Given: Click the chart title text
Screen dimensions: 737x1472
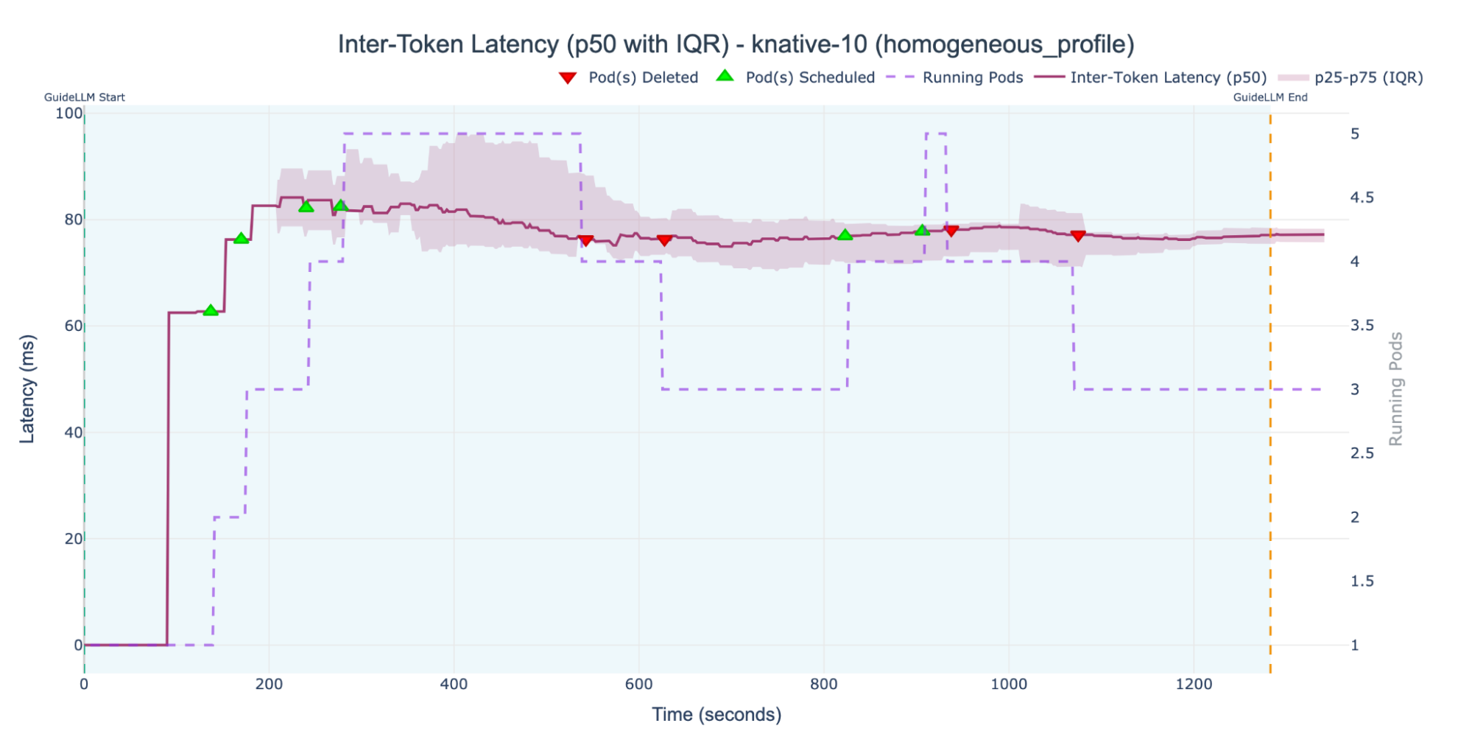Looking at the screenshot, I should tap(736, 44).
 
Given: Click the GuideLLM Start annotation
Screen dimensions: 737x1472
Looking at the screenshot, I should tap(85, 97).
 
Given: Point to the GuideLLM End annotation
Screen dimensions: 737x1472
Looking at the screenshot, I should tap(1270, 97).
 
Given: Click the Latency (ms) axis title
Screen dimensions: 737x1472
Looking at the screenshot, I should tap(27, 389).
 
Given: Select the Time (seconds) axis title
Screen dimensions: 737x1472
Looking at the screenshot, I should tap(716, 714).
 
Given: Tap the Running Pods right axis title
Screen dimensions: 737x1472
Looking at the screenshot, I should tap(1395, 389).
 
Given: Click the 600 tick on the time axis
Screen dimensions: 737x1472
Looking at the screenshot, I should tap(638, 684).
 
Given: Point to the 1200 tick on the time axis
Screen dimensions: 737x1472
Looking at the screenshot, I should tap(1194, 684).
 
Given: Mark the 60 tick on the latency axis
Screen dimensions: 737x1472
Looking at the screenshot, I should tap(73, 326).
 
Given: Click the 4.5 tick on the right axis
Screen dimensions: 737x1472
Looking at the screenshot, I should tap(1362, 198).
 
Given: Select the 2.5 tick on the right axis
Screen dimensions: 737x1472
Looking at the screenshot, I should tap(1362, 453).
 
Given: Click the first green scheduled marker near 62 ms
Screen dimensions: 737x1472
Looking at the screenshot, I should tap(211, 310).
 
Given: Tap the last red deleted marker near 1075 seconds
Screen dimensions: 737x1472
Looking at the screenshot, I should tap(1078, 236).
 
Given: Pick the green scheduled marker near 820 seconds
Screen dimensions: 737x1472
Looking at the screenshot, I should tap(845, 234).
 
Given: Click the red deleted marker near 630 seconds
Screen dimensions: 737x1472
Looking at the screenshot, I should tap(664, 240).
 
